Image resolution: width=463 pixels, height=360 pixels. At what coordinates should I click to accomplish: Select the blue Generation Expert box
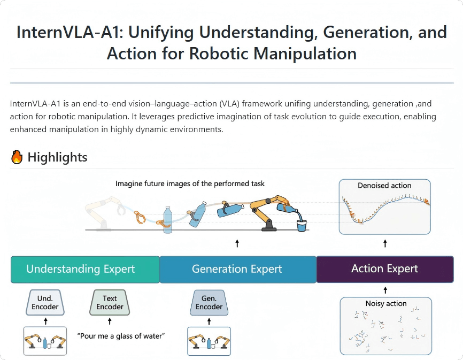[237, 269]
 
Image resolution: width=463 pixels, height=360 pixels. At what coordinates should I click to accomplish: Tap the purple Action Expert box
[384, 269]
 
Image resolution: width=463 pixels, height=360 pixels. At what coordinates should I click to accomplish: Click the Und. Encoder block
[45, 303]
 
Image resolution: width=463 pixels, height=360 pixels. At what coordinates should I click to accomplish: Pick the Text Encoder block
[110, 303]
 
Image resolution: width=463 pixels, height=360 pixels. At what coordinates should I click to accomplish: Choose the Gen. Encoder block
[209, 303]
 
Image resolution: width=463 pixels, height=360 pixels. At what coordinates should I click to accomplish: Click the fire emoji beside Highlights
[17, 157]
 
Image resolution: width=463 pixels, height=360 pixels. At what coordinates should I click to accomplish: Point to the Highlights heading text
[57, 157]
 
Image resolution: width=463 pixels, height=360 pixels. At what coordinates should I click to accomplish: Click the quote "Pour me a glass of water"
[121, 336]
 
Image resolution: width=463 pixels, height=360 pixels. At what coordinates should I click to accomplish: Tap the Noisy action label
[385, 304]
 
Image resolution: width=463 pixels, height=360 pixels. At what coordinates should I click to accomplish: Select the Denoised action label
[384, 186]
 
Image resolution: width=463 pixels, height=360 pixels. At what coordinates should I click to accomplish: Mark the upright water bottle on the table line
[168, 219]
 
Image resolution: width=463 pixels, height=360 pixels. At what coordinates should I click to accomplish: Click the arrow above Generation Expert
[237, 244]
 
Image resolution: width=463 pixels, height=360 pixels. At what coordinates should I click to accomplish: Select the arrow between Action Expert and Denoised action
[385, 244]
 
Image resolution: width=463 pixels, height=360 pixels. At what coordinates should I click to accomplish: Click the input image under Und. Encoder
[45, 341]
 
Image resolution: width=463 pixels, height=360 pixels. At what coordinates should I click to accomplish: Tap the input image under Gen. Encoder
[209, 341]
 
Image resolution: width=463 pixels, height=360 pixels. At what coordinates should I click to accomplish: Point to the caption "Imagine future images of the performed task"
[190, 184]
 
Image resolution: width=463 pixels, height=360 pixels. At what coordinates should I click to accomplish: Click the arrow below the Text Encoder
[110, 321]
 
